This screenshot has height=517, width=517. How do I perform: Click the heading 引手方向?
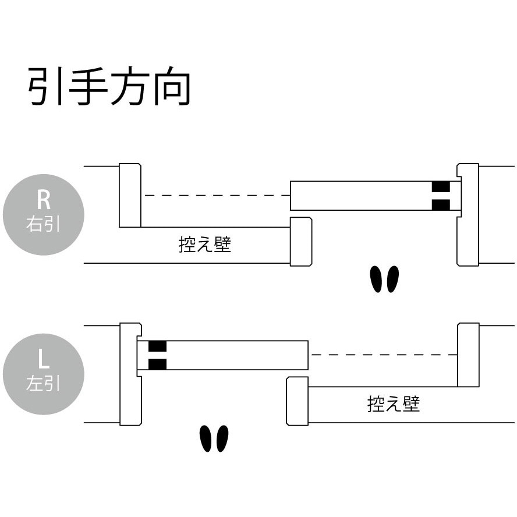(109, 87)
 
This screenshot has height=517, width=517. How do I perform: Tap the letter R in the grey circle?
(44, 200)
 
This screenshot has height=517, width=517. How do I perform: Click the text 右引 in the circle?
(44, 225)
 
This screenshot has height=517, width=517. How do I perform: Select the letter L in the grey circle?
(44, 360)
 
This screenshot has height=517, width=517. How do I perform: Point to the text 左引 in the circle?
(44, 384)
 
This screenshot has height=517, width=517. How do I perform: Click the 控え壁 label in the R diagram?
(204, 245)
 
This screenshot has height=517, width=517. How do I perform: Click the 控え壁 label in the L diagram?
(394, 403)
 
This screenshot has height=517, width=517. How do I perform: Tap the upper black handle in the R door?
(441, 187)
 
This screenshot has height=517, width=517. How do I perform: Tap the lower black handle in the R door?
(441, 204)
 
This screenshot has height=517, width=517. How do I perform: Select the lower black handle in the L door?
(157, 364)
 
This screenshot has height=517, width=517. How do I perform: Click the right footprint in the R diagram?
(392, 279)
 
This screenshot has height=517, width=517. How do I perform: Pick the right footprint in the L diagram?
(222, 438)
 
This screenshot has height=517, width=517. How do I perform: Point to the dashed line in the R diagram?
(217, 196)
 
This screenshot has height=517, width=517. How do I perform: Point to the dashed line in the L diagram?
(383, 355)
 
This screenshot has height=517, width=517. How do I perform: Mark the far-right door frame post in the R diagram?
(468, 215)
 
